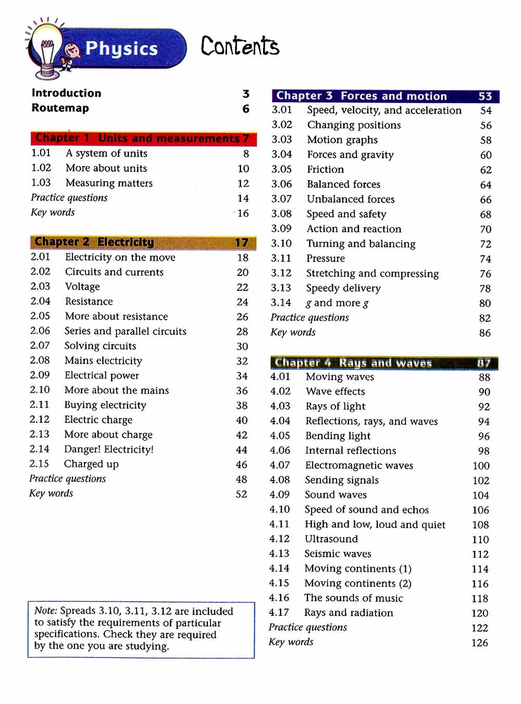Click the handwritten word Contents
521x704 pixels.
point(240,46)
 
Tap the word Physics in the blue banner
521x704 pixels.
point(121,48)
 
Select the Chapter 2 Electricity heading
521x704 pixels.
point(94,242)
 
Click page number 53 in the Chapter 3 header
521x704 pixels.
point(485,96)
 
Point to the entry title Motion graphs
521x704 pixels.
point(342,140)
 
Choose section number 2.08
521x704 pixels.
point(40,360)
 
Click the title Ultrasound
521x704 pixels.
point(331,539)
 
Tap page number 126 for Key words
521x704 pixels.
point(479,643)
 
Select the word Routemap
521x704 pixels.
point(60,108)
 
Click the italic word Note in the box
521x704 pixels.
point(45,611)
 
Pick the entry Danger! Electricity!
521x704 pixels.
point(109,449)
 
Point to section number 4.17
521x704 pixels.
point(279,613)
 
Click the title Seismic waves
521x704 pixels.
point(338,554)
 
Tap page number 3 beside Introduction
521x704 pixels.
point(246,94)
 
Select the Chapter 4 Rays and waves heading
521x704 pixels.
point(353,363)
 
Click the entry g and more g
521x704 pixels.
point(337,303)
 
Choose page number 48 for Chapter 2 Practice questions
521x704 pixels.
point(241,479)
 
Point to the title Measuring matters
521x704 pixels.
point(109,183)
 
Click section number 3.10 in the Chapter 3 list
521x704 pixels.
point(281,244)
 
